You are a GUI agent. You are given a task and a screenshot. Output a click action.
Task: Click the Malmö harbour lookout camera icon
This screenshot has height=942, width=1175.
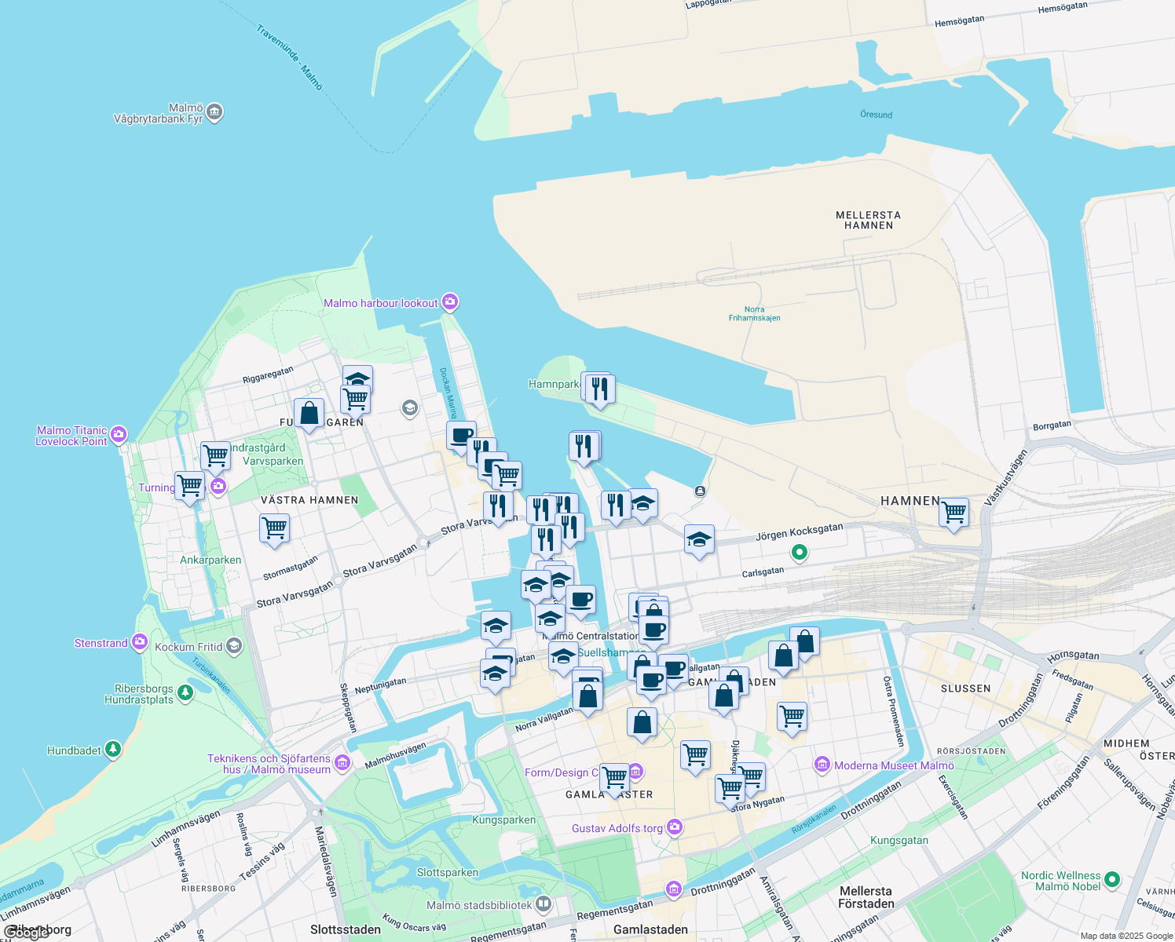pos(450,302)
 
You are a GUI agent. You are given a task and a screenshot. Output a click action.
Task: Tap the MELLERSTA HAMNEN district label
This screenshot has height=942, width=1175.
pos(868,220)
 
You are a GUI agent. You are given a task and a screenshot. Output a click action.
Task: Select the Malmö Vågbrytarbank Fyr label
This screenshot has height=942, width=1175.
pos(159,114)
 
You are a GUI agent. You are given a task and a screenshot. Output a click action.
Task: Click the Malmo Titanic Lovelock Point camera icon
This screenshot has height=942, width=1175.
pos(119,434)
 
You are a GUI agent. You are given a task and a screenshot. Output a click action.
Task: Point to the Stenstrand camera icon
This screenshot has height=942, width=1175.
pos(140,642)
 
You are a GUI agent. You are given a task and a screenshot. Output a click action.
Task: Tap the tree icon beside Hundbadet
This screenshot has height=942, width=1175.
pos(113,750)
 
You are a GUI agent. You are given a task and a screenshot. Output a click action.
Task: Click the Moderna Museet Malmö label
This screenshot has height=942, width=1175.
pos(894,765)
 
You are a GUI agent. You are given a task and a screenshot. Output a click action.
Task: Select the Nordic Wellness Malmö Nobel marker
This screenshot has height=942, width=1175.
pos(1111,880)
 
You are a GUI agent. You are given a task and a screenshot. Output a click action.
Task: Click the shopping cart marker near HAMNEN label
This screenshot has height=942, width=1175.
pos(954,513)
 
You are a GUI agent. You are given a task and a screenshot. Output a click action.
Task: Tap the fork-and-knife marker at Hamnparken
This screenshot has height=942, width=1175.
pos(599,389)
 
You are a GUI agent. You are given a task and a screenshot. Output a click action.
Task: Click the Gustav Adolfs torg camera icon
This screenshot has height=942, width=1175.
pos(674,827)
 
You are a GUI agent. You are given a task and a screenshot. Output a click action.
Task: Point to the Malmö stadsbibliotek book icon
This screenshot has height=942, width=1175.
pos(544,905)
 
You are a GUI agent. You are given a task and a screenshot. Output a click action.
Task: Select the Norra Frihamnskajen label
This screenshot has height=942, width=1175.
pos(754,314)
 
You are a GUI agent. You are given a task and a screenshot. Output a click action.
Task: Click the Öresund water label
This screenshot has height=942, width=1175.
pos(876,115)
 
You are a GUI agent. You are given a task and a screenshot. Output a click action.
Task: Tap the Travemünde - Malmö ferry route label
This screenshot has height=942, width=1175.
pos(289,57)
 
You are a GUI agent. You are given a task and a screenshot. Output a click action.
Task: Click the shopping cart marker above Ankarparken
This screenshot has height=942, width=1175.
pos(274,528)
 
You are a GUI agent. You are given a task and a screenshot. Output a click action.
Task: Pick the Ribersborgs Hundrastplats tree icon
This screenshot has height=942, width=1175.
pos(185,692)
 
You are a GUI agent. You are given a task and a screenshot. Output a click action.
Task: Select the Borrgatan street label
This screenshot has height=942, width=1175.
pos(1052,425)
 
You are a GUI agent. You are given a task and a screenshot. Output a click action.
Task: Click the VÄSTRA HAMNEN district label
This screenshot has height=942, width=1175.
pos(309,500)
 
